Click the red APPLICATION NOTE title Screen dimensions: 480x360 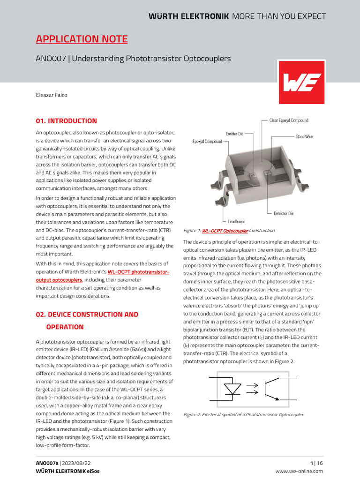click(x=82, y=39)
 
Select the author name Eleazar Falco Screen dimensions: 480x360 click(x=52, y=95)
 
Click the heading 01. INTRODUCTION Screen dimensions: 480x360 click(x=67, y=121)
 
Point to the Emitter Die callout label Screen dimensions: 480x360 click(x=234, y=134)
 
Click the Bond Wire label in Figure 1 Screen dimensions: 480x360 click(x=304, y=136)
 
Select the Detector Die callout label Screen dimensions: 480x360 click(x=284, y=213)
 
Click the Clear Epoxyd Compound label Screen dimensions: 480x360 click(x=289, y=120)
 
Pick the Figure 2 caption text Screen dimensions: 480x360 click(x=243, y=415)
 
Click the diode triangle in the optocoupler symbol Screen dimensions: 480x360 click(x=232, y=389)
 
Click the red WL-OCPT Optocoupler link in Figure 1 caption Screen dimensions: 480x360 click(x=225, y=231)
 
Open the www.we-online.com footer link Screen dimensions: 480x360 click(x=299, y=471)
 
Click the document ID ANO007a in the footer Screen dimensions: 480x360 click(x=47, y=463)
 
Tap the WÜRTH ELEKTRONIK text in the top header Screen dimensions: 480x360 click(x=188, y=16)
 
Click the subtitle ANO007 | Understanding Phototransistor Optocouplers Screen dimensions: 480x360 click(x=133, y=59)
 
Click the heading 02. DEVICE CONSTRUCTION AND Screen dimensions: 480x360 click(x=87, y=315)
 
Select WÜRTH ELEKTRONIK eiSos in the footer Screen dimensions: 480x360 click(x=67, y=471)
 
